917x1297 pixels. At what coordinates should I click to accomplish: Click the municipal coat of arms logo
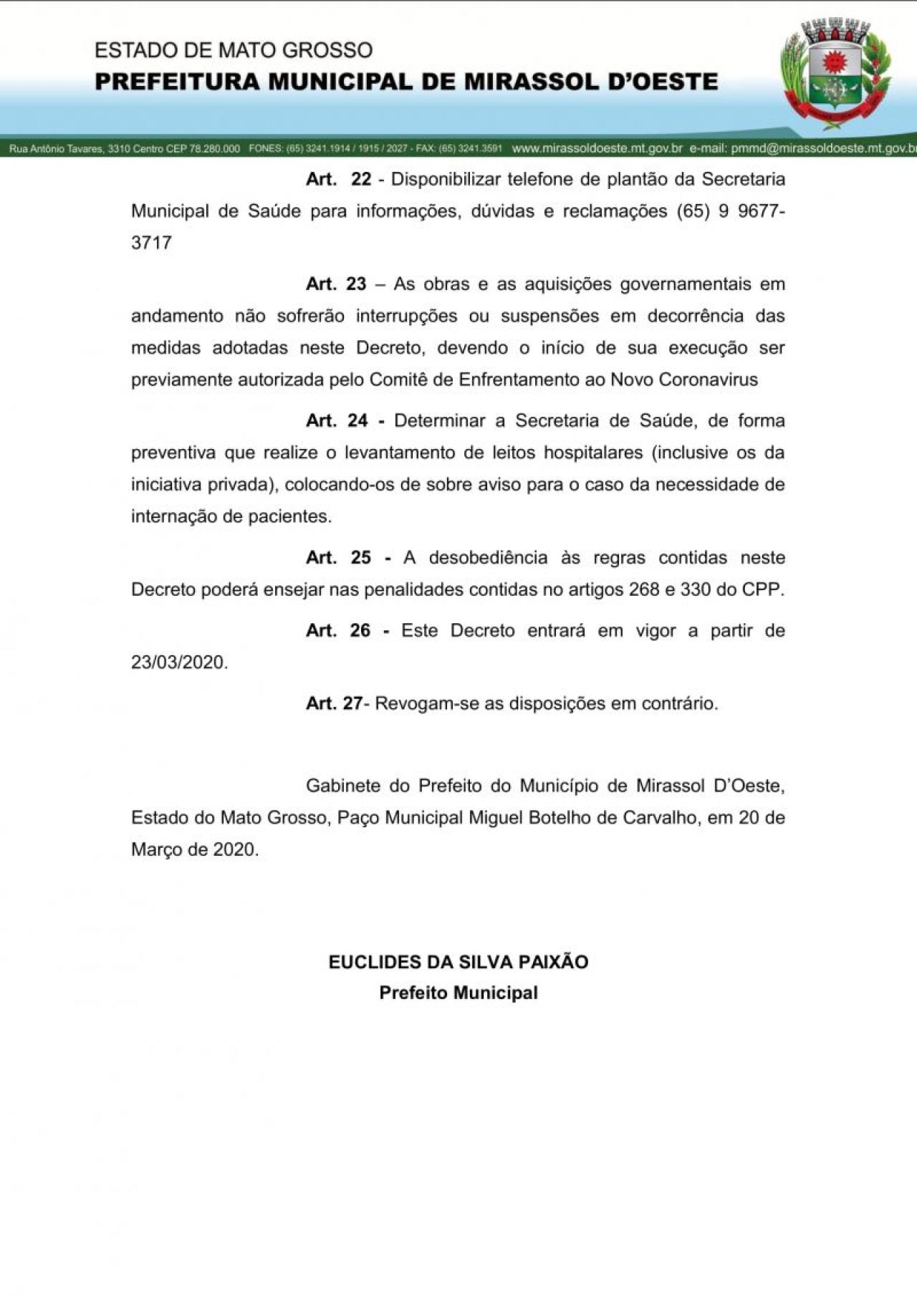835,74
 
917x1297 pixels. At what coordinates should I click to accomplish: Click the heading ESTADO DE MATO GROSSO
234,50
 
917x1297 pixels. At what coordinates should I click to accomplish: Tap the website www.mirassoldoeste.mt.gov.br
597,149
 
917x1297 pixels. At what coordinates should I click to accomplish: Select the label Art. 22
338,179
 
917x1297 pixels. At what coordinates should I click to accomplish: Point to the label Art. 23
336,284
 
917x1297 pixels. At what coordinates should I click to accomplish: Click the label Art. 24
337,421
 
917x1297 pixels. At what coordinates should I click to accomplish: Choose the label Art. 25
338,558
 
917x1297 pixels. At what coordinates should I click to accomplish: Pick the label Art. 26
338,631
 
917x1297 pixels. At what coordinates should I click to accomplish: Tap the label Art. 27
335,703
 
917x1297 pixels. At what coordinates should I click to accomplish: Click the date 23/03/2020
179,662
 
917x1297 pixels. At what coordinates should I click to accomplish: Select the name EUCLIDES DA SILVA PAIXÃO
458,962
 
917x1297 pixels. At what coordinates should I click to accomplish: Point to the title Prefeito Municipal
458,993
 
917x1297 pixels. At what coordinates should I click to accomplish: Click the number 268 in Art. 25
644,590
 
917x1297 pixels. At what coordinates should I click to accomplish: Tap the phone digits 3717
151,243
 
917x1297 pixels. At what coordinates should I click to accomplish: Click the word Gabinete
342,786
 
